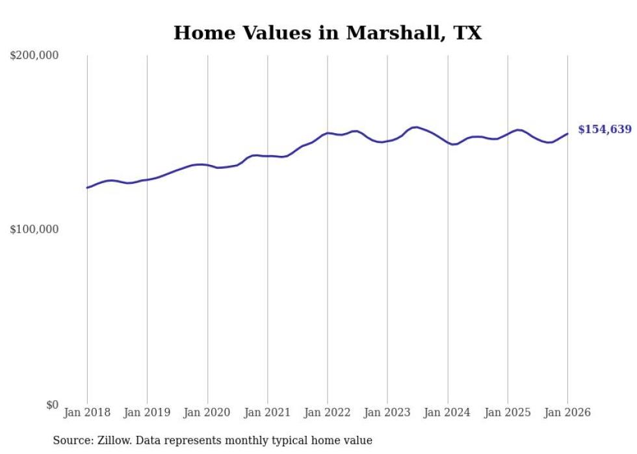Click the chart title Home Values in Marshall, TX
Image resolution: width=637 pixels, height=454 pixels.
328,33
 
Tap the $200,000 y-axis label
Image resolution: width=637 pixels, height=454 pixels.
34,56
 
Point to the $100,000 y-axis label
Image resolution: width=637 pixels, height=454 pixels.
34,230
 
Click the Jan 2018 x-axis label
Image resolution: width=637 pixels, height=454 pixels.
87,413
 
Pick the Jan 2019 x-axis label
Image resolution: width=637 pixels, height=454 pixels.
147,413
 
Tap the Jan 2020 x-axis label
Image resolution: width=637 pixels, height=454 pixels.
207,413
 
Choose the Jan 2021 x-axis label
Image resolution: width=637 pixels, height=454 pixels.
267,413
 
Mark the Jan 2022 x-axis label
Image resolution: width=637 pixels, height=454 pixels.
328,413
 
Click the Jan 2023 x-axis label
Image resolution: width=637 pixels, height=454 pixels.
387,413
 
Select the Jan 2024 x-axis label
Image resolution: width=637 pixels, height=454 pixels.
448,413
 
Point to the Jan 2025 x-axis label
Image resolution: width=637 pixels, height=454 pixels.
508,413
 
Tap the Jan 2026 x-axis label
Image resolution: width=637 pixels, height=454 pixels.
567,413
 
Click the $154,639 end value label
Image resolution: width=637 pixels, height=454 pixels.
604,130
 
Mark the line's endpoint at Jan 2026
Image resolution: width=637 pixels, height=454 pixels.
567,134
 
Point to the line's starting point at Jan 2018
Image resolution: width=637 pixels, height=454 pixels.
87,188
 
